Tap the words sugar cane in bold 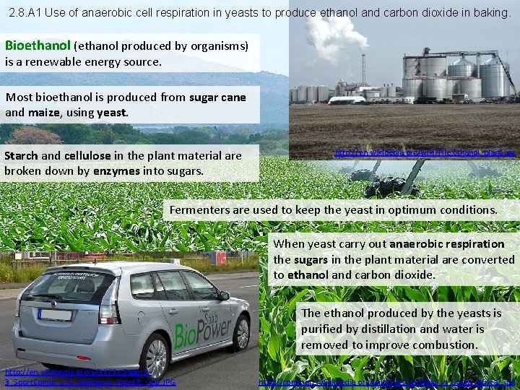[x=217, y=97]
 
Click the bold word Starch [x=21, y=155]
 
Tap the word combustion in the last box [x=442, y=344]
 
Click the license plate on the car [x=55, y=315]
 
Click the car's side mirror [x=225, y=295]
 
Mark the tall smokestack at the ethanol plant [x=363, y=69]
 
